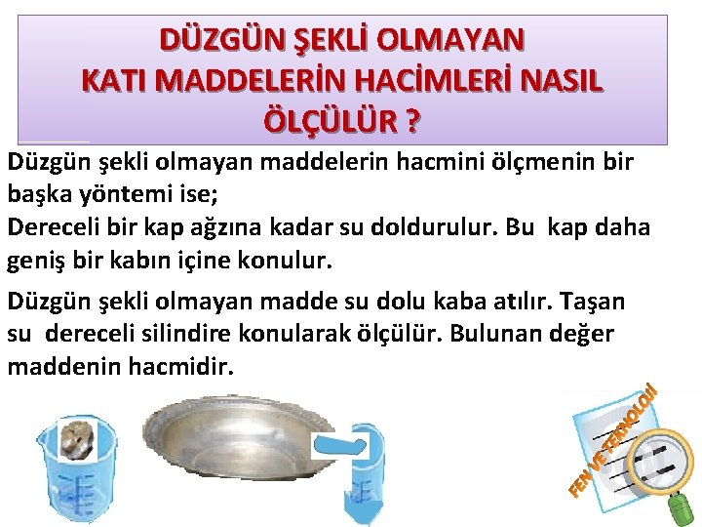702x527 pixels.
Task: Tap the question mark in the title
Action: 412,123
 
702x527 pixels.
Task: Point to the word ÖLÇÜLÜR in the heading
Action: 329,123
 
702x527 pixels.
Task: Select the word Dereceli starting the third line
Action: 51,226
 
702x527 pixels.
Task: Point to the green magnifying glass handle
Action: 682,505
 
